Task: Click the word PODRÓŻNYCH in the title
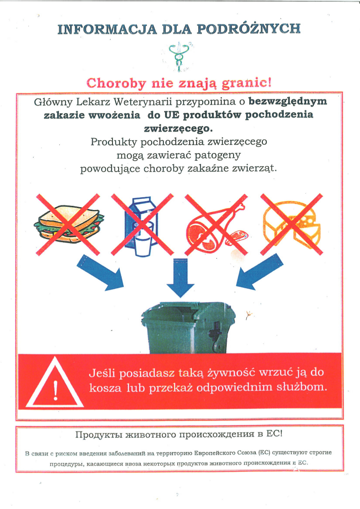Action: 248,29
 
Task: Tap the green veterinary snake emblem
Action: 178,55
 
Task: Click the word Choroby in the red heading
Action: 116,83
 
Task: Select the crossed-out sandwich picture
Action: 68,224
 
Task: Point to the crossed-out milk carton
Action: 143,225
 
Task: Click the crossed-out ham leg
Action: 216,225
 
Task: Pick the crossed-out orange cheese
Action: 292,224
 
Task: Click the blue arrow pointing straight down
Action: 180,278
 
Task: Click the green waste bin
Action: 188,328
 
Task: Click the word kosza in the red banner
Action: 105,388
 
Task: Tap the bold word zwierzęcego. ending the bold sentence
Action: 178,129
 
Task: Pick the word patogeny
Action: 217,155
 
